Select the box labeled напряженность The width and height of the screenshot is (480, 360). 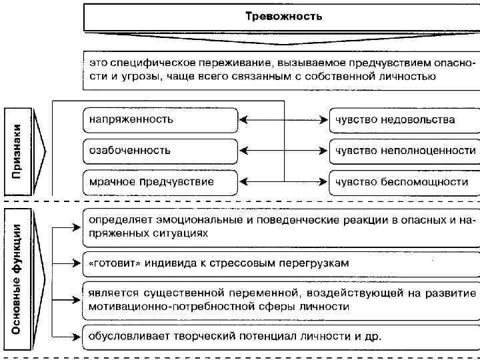point(160,120)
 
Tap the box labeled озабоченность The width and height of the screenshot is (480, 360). point(160,150)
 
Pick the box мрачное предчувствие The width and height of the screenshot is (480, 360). point(160,181)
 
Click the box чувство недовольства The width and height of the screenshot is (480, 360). point(403,120)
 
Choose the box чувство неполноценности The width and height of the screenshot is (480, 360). point(403,150)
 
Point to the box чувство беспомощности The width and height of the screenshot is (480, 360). point(403,181)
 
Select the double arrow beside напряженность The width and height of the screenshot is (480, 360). point(283,120)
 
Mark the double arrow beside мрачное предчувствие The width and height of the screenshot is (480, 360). point(283,181)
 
